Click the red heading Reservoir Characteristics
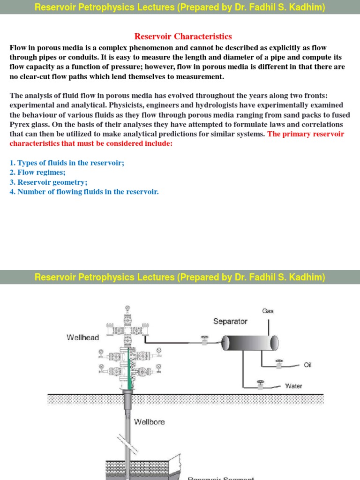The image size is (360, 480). (x=183, y=37)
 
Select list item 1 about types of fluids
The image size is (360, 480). (x=67, y=163)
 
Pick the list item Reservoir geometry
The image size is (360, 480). (x=48, y=182)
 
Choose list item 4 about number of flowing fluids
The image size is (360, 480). (x=84, y=192)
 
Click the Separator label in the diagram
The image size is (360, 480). (x=230, y=321)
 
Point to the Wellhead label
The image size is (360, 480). (x=83, y=337)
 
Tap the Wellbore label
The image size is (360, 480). (x=150, y=422)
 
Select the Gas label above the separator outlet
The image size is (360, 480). (x=268, y=311)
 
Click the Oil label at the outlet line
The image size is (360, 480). (x=307, y=365)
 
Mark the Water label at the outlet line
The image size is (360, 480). (x=293, y=386)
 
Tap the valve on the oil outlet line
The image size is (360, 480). (x=280, y=364)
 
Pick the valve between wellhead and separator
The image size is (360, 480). (x=204, y=341)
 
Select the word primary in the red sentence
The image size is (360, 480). (x=296, y=134)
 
